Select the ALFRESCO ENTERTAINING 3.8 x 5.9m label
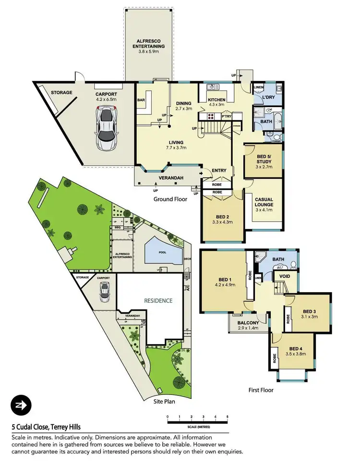(148, 43)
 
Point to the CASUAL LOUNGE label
(264, 204)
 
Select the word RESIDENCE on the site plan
(158, 300)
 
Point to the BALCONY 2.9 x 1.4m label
(248, 325)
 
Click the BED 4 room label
(296, 352)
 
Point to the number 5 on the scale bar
(227, 417)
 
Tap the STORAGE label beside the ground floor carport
(62, 93)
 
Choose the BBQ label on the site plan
(117, 228)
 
